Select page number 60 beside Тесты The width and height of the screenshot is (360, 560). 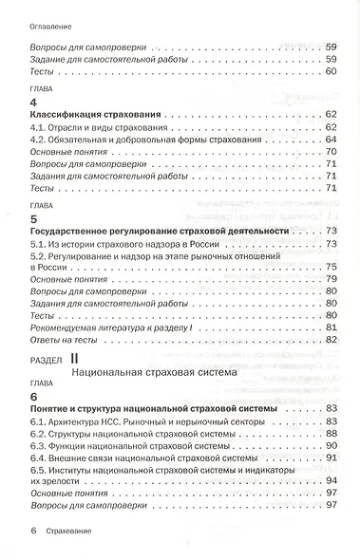point(332,72)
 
